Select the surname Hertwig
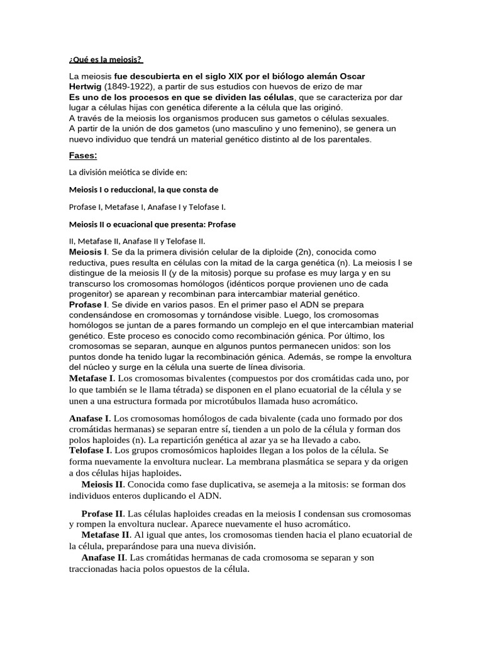tap(85, 86)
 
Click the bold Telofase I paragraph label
tap(92, 451)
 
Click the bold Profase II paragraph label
tap(103, 513)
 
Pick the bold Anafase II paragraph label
tap(104, 557)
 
